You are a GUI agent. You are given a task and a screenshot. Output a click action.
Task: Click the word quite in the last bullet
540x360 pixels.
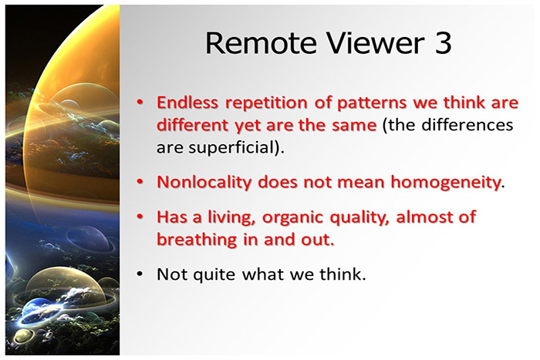point(211,274)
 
